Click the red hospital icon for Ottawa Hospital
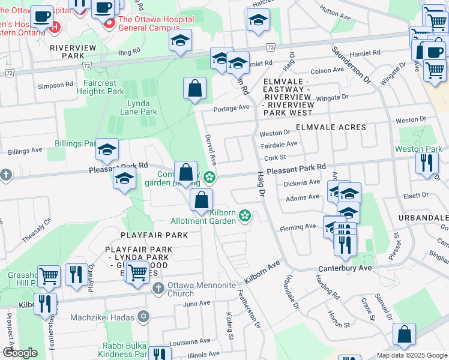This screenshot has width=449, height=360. click(x=109, y=24)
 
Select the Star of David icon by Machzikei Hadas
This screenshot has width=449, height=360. click(x=143, y=316)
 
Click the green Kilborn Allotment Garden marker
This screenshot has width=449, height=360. click(x=245, y=215)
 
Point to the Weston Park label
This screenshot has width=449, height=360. click(x=418, y=149)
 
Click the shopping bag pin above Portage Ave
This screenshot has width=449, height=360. click(x=194, y=89)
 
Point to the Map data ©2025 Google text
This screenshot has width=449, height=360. click(x=411, y=355)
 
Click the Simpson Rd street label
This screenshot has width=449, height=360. click(x=55, y=86)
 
